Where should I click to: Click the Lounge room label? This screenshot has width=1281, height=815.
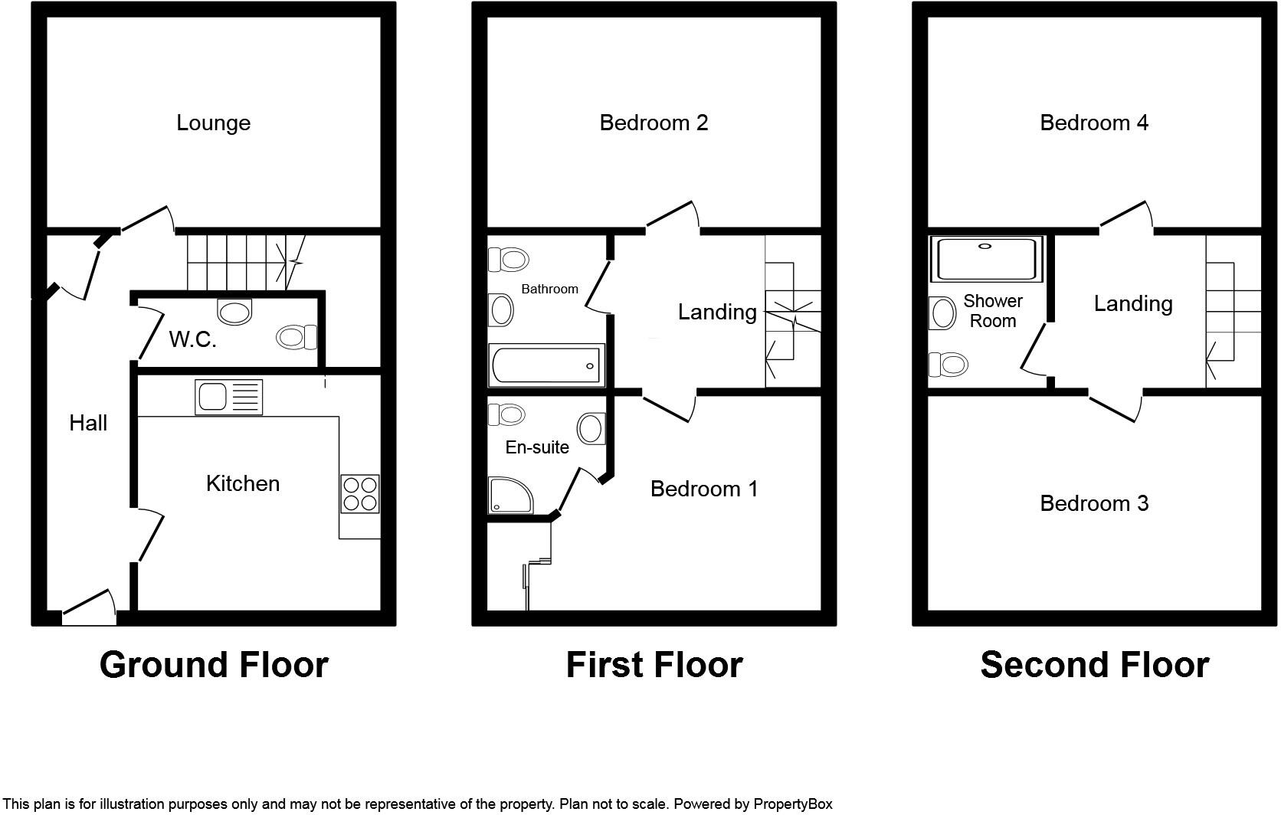tap(213, 123)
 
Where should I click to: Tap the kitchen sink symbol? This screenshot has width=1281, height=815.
tap(228, 397)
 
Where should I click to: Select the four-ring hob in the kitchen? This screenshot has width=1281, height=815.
tap(360, 493)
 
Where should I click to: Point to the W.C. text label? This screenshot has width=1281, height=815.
tap(192, 339)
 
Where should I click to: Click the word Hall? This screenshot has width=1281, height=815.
tap(88, 423)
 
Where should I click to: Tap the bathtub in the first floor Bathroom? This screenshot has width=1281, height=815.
tap(546, 365)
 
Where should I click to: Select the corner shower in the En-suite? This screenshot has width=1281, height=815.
tap(508, 496)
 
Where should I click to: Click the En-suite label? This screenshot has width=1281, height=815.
tap(537, 447)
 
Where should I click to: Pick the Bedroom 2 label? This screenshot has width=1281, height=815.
tap(654, 123)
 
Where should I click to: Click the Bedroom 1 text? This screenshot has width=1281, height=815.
tap(704, 489)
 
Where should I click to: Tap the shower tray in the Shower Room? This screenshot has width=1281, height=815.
tap(987, 259)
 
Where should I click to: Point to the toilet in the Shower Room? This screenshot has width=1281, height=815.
tap(948, 365)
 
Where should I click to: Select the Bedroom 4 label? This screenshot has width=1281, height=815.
tap(1094, 123)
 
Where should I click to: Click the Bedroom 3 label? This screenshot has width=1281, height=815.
tap(1094, 503)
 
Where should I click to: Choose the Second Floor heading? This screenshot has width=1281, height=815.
tap(1094, 665)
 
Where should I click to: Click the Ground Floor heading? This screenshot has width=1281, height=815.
tap(214, 665)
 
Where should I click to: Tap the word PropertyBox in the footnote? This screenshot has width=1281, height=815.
tap(792, 804)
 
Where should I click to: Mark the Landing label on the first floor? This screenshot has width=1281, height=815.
tap(717, 312)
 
